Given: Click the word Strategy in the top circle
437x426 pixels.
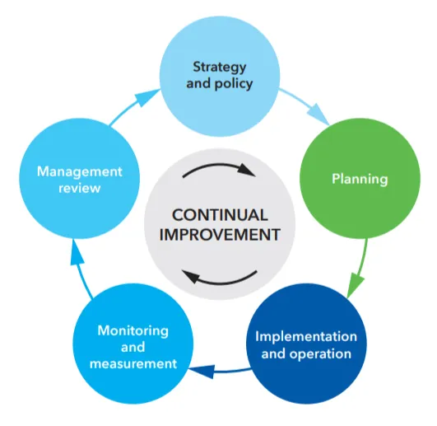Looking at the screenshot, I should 218,66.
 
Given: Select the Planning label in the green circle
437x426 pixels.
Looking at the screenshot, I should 360,178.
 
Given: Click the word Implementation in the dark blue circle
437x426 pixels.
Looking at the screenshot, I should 306,337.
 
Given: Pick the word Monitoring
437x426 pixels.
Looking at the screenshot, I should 132,330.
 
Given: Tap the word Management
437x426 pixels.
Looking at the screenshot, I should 80,171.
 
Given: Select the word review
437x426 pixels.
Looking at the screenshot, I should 80,189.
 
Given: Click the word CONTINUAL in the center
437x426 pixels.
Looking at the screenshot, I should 220,215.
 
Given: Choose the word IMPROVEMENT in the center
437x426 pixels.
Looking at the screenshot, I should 220,234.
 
